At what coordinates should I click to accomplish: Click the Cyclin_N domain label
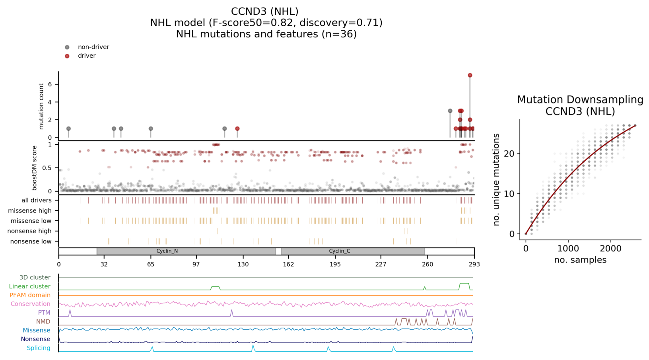(x=167, y=251)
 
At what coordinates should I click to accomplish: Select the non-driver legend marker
(x=67, y=47)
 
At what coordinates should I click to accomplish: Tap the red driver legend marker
(x=67, y=56)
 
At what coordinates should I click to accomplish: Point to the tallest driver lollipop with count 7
(x=470, y=75)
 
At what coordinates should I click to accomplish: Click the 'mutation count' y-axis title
(x=41, y=106)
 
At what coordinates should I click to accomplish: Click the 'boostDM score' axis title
(x=35, y=168)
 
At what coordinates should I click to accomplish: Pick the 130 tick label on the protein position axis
(x=243, y=265)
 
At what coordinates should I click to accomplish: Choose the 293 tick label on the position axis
(x=474, y=265)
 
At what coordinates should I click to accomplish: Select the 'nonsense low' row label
(x=31, y=241)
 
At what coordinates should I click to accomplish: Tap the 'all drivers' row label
(x=37, y=200)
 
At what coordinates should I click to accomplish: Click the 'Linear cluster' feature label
(x=30, y=286)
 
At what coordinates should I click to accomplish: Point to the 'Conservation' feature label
(x=31, y=304)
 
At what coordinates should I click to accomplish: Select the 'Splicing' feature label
(x=39, y=348)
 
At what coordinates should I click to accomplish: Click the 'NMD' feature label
(x=43, y=321)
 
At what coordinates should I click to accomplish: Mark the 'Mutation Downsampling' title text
(x=580, y=100)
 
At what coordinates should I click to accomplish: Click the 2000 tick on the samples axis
(x=610, y=249)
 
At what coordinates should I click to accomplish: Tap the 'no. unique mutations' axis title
(x=496, y=180)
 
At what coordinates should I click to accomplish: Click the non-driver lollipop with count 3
(x=450, y=111)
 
